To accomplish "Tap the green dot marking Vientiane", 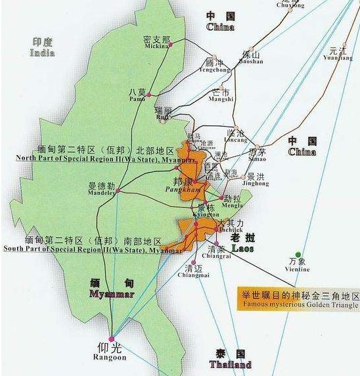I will pos(298,254).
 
